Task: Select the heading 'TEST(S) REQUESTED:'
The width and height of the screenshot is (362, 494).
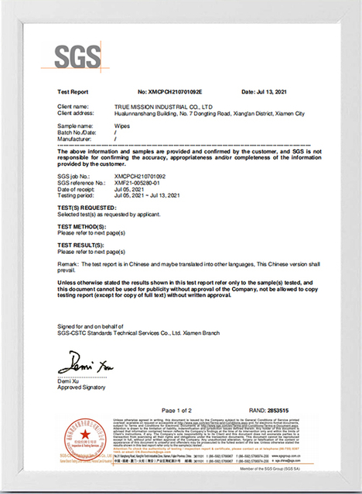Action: coord(87,208)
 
